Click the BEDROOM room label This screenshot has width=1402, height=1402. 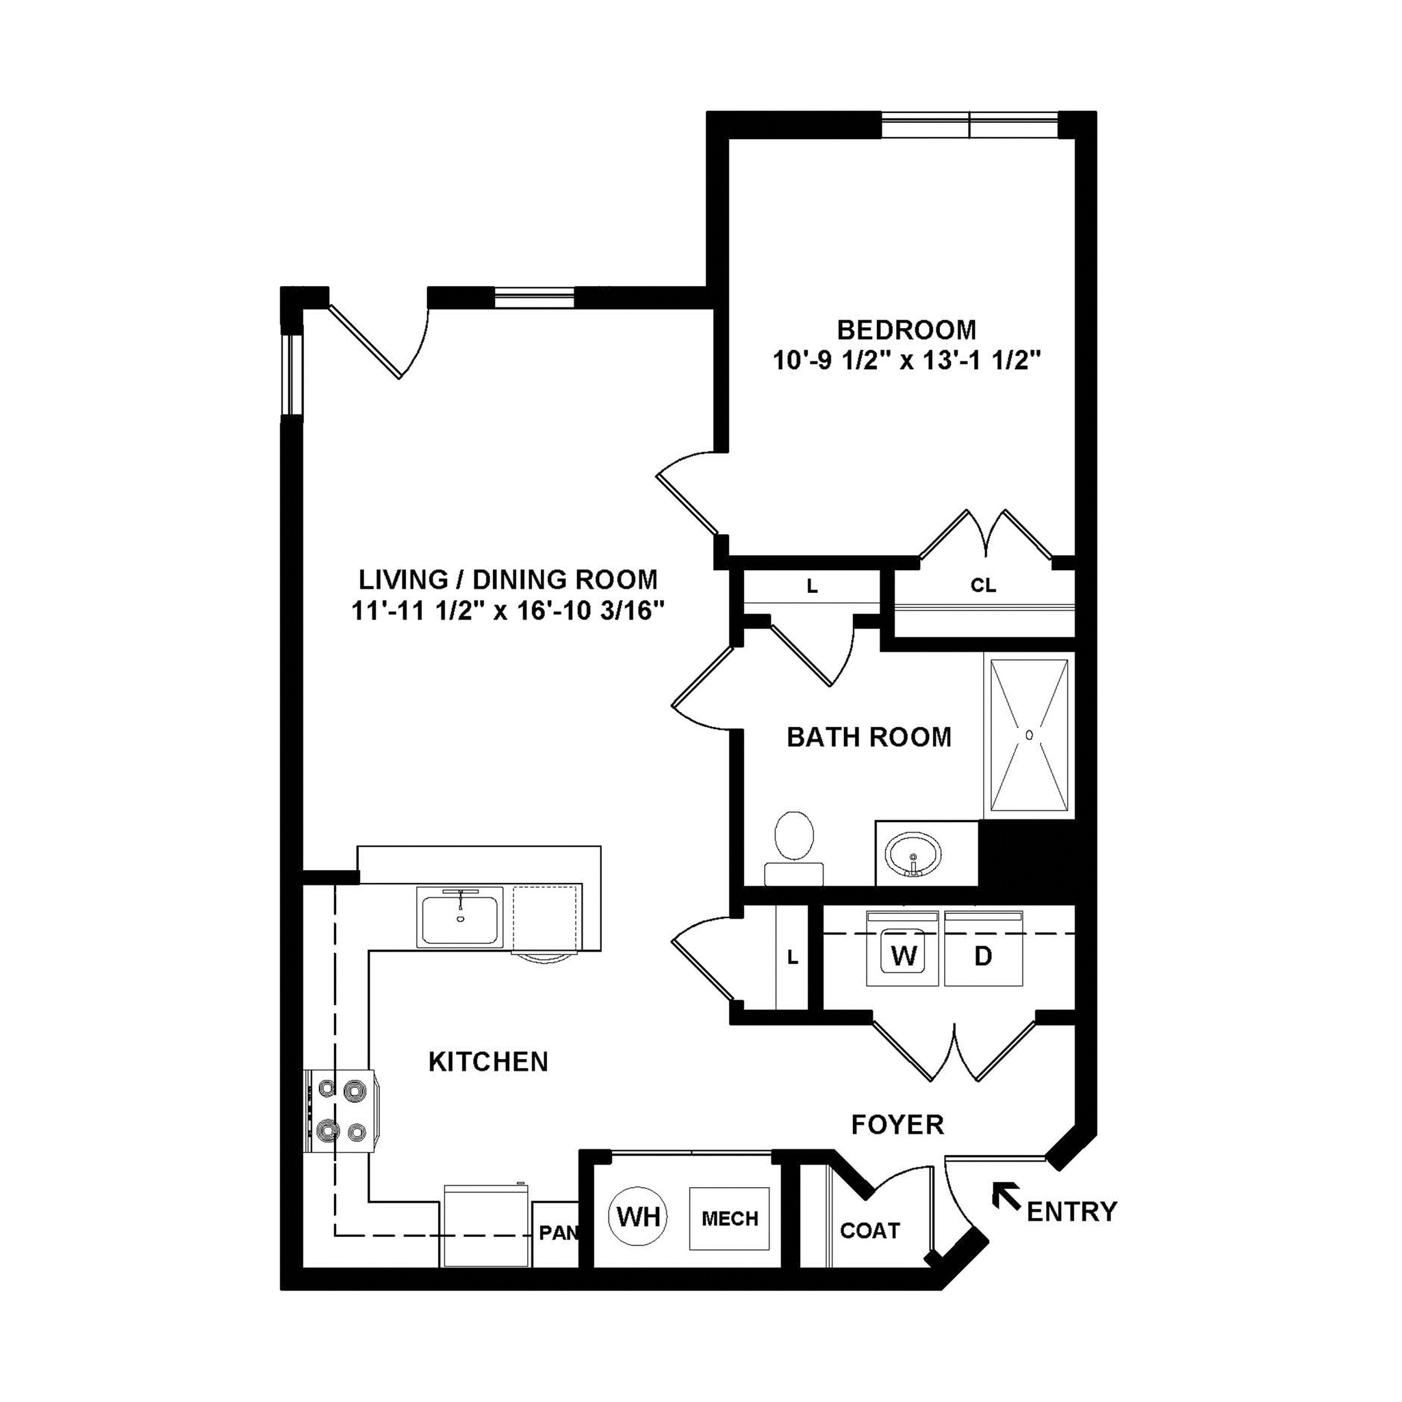click(x=906, y=330)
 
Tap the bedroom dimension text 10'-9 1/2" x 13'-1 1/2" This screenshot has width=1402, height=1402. click(x=906, y=361)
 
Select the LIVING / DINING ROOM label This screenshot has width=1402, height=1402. click(x=508, y=579)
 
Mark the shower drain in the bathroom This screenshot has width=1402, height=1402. click(x=1029, y=735)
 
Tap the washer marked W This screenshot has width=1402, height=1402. click(x=904, y=956)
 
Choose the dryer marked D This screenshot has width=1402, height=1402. click(x=982, y=956)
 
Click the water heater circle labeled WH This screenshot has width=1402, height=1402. click(x=639, y=1215)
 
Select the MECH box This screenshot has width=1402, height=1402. click(x=729, y=1219)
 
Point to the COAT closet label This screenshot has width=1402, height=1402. click(x=869, y=1230)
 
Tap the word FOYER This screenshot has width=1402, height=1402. click(x=897, y=1124)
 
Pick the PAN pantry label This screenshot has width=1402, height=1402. click(x=557, y=1232)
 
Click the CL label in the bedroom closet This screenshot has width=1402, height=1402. click(x=983, y=585)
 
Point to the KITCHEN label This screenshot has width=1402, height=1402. click(x=487, y=1062)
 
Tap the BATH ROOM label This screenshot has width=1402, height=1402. click(x=869, y=737)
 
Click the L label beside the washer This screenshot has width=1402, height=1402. click(x=793, y=957)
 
